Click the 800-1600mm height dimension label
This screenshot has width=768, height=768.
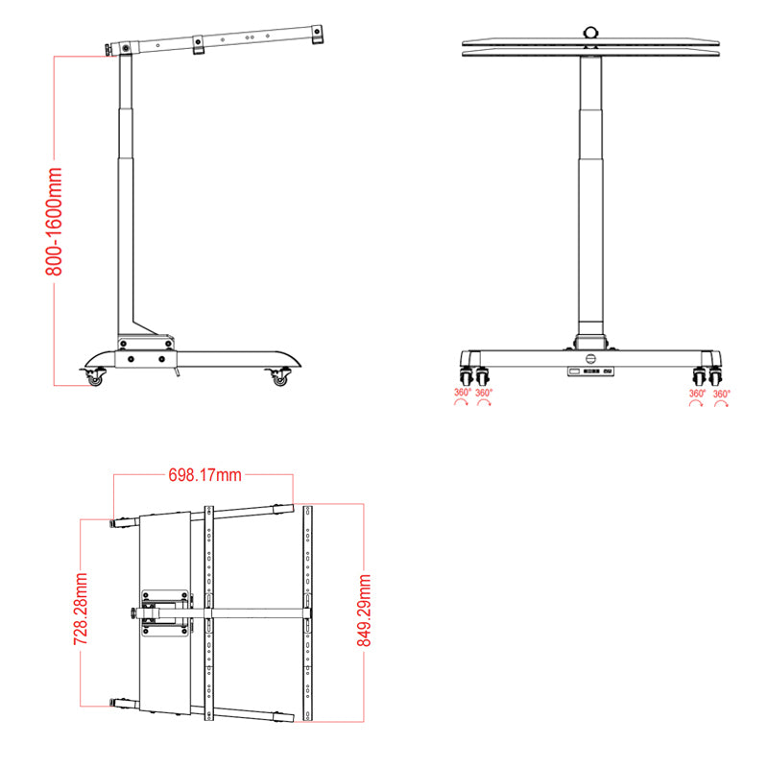point(56,220)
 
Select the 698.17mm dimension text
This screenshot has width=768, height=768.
point(204,475)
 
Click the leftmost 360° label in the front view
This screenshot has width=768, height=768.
point(462,393)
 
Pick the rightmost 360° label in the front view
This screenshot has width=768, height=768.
point(721,393)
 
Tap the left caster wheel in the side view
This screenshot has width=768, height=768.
point(95,379)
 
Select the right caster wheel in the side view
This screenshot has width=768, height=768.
point(280,379)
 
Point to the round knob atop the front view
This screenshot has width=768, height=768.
point(591,32)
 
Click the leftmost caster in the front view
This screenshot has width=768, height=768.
point(467,374)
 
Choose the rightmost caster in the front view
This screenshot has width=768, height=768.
point(716,374)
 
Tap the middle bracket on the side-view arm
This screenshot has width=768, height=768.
point(198,45)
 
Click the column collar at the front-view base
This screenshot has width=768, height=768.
point(591,341)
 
